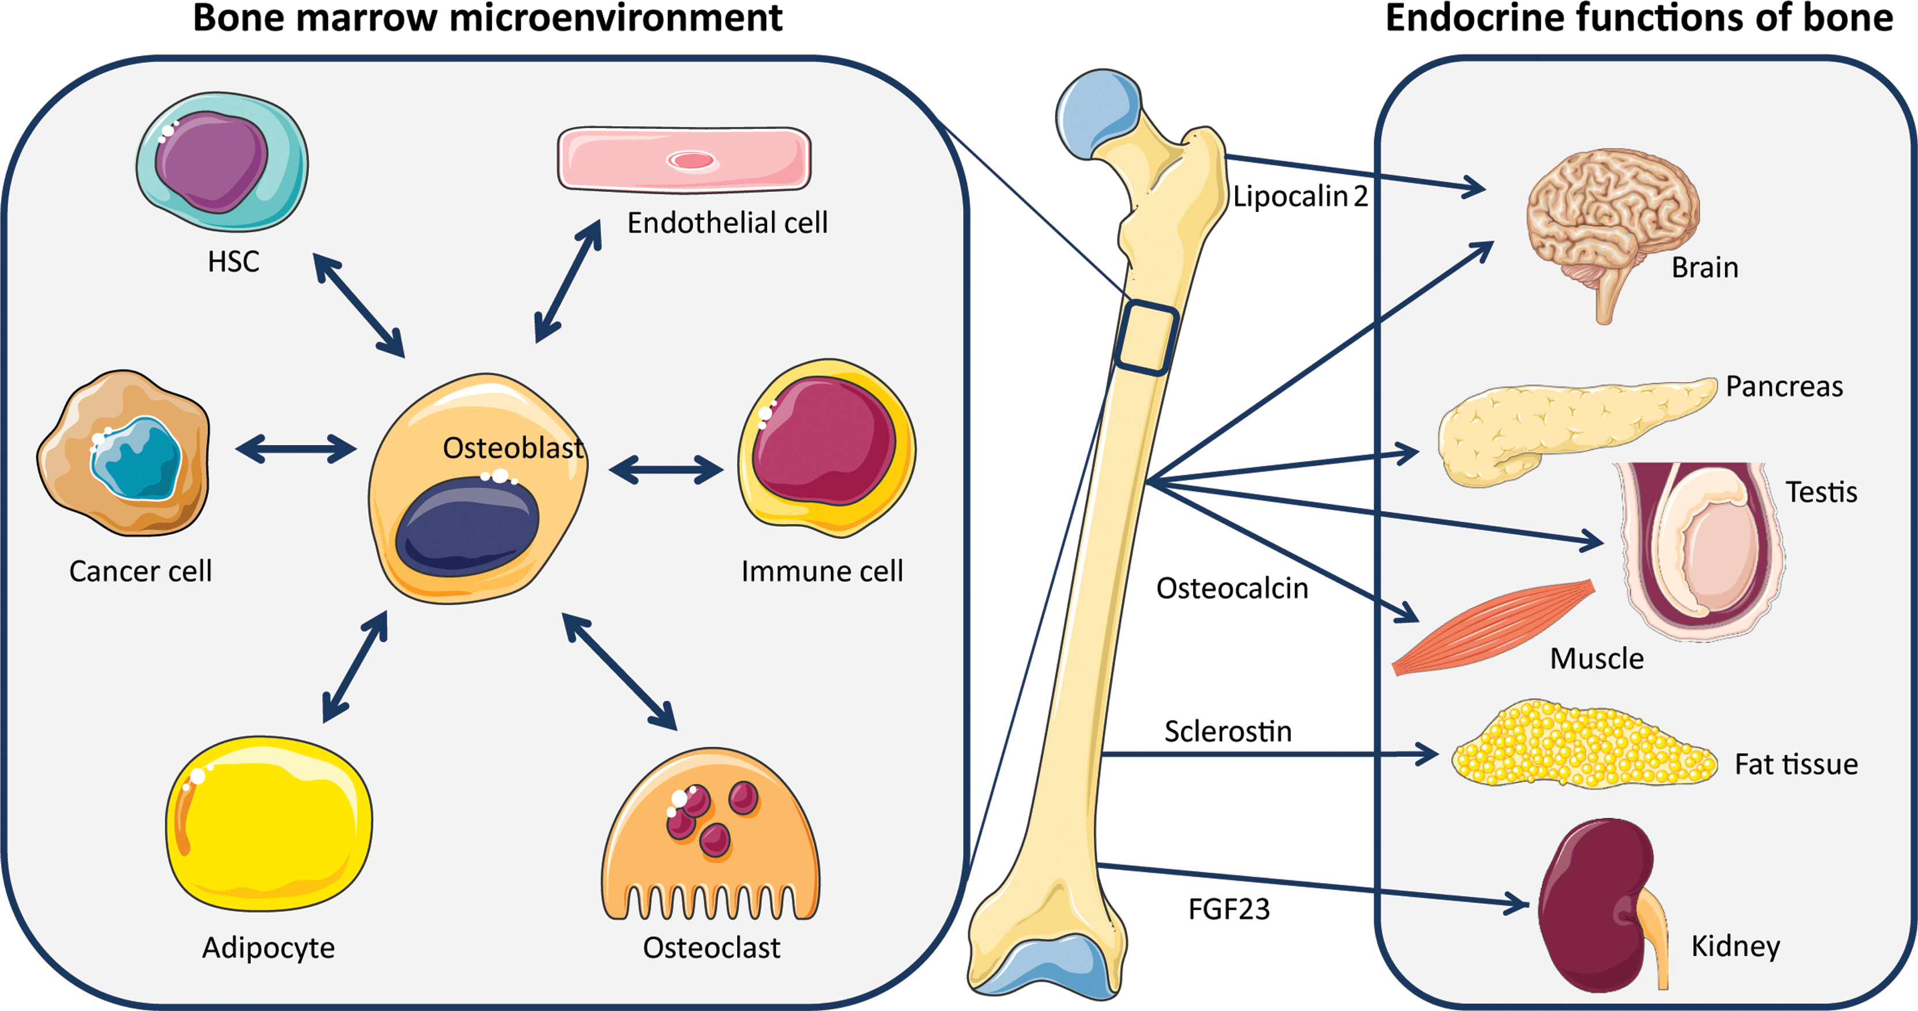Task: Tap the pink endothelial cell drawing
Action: (x=684, y=159)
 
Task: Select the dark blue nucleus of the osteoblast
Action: (x=467, y=526)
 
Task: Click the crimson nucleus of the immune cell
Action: (x=823, y=441)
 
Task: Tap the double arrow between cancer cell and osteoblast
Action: (x=296, y=449)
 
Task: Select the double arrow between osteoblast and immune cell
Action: (x=666, y=470)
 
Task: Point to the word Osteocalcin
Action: (x=1232, y=588)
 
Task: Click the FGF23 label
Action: (x=1229, y=909)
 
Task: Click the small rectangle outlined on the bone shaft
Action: (x=1146, y=337)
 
